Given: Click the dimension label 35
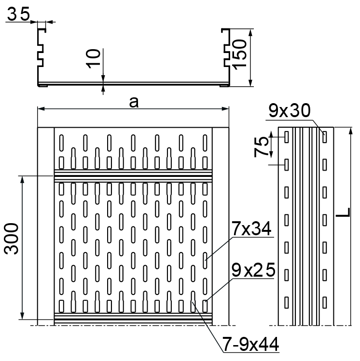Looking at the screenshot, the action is pos(18,14).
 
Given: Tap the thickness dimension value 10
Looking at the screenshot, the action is pos(93,59).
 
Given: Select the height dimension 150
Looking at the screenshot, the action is pos(239,54).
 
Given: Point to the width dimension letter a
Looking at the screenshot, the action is pos(134,103).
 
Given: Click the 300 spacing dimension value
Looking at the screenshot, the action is pos(11,239).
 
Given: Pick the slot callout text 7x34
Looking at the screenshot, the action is pos(251,228).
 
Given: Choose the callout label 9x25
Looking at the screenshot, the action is pos(253,270).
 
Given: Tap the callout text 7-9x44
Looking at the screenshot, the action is pos(250,344).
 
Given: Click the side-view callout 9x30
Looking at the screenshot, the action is pos(290,110).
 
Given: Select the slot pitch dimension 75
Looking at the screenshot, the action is pos(261,147).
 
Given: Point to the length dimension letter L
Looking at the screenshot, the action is pos(343,212).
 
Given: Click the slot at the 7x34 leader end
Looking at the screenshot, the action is pos(205,261).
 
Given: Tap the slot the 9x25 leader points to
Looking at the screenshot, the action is pos(205,306).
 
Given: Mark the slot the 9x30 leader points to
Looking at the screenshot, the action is pos(324,137).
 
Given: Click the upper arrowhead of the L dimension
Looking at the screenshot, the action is pos(351,131).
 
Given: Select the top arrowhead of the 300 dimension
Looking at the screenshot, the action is pos(22,180).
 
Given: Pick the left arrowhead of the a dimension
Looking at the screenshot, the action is pos(41,108).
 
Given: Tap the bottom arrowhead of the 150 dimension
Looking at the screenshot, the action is pos(251,83).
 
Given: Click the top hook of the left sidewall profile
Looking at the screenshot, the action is pos(42,30).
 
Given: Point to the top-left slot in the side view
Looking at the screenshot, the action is pos(287,137).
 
